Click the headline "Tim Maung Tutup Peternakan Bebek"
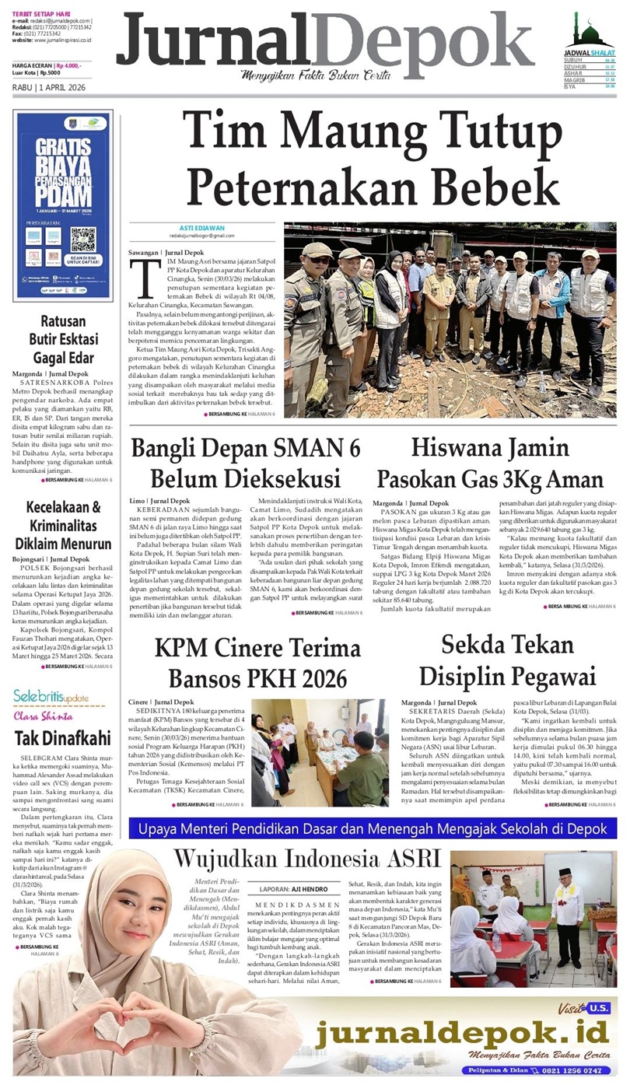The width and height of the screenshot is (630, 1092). click(x=373, y=157)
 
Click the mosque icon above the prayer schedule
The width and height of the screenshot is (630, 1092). click(x=593, y=30)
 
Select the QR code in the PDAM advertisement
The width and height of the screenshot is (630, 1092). click(x=82, y=240)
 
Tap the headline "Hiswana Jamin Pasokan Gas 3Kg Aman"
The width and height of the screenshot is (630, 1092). click(x=490, y=462)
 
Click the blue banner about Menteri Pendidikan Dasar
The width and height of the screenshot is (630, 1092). click(x=373, y=828)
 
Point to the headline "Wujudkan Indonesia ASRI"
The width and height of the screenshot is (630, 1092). click(x=307, y=859)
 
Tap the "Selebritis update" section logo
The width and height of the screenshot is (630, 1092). click(x=51, y=696)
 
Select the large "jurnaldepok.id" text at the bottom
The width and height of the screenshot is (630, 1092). click(x=462, y=1034)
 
